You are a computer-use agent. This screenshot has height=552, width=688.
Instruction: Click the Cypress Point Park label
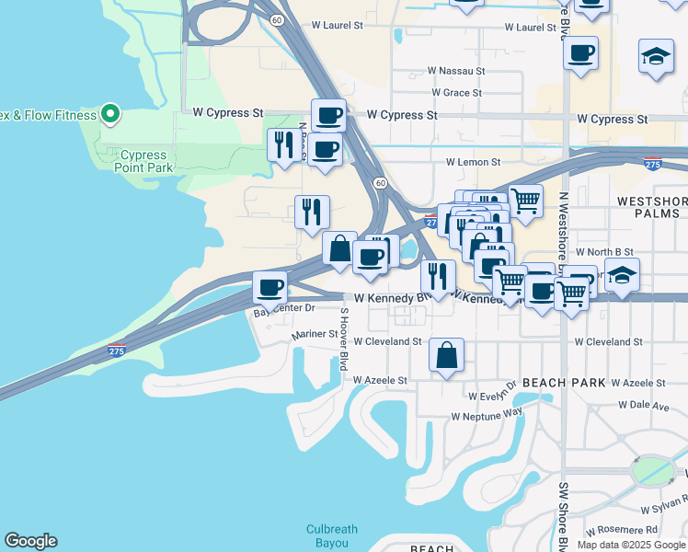click(x=143, y=162)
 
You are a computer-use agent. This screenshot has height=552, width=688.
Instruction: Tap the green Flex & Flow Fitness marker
click(x=110, y=115)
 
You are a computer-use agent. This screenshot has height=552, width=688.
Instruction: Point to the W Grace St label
click(x=456, y=93)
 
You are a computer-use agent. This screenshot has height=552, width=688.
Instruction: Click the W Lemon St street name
click(x=473, y=162)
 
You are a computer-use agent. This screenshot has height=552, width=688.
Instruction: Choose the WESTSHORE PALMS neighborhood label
click(x=650, y=207)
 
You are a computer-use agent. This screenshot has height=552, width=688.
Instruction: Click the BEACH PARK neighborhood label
click(x=563, y=382)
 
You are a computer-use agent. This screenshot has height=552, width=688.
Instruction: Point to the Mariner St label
click(x=315, y=336)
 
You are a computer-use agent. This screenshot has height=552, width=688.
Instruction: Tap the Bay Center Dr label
click(x=284, y=311)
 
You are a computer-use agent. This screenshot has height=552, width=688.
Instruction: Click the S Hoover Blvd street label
click(x=344, y=339)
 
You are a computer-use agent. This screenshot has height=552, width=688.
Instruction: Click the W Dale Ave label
click(x=643, y=405)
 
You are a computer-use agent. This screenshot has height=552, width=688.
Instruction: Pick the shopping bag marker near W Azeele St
click(x=446, y=355)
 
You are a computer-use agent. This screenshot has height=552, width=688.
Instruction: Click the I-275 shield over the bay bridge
click(x=116, y=351)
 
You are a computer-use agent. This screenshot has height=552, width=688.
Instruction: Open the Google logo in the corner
click(x=30, y=541)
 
